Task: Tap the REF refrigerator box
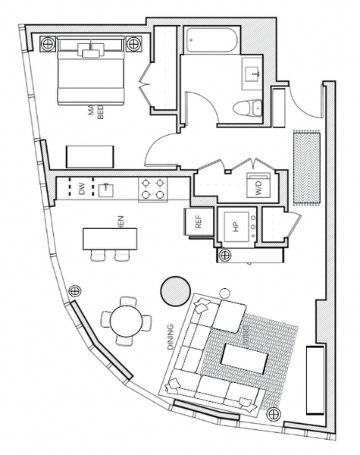point(199,221)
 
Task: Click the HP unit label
point(235,226)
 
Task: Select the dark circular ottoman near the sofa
point(176,289)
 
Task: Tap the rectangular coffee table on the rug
point(245,358)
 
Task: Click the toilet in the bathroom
point(246,108)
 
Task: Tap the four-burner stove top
point(152,189)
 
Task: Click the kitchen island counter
point(111,239)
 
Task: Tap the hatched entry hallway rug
point(305,168)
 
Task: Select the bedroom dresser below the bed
point(91,157)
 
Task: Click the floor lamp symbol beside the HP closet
point(225,255)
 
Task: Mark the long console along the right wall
point(312,379)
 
